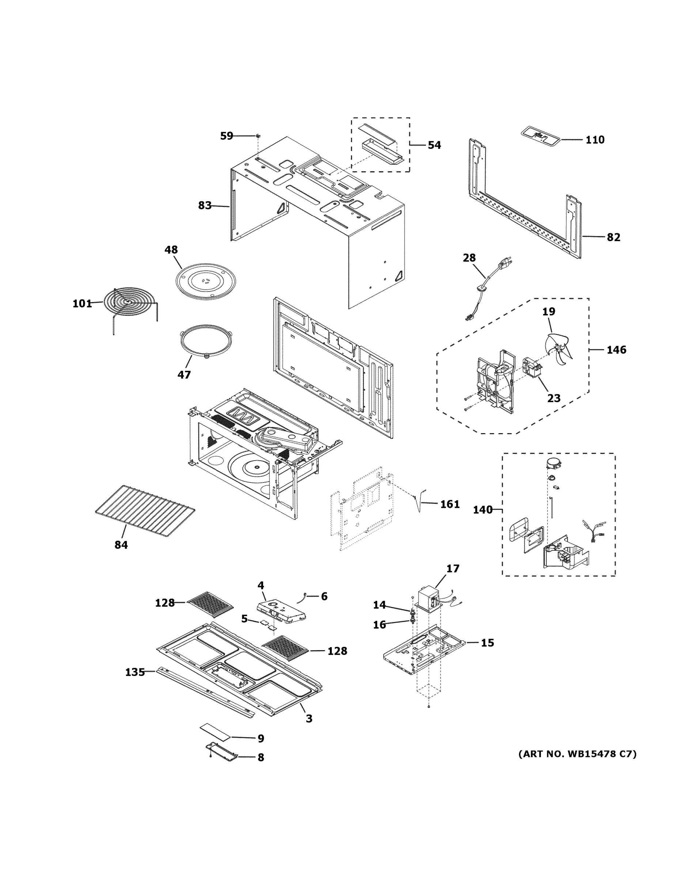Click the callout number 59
pos(227,136)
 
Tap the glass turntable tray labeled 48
pos(207,281)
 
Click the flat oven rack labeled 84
pos(145,511)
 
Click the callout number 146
pos(616,350)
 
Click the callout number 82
pos(613,237)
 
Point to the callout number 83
pos(205,206)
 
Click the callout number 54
pos(434,145)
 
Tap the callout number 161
pos(450,504)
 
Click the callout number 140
pos(482,510)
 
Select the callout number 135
pos(135,672)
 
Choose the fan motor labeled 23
pos(531,367)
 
